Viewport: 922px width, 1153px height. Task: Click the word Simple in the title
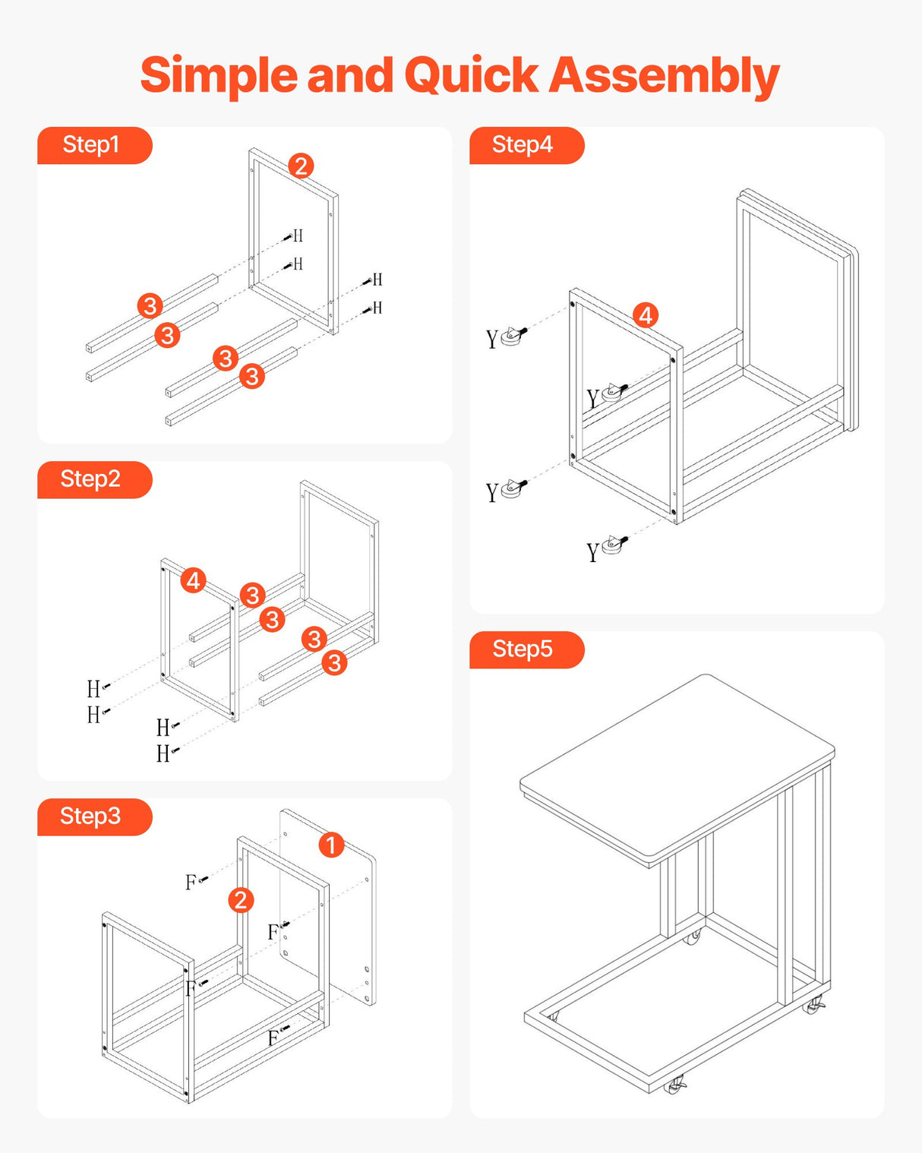click(219, 76)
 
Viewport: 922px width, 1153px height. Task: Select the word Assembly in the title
click(664, 76)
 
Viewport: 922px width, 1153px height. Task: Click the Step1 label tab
click(93, 145)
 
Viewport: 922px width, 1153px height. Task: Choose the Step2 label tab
click(93, 479)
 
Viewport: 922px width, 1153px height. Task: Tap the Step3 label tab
click(93, 817)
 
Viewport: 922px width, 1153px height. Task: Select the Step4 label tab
click(525, 145)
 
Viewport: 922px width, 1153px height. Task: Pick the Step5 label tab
click(525, 649)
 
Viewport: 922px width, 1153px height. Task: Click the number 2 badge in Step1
click(301, 166)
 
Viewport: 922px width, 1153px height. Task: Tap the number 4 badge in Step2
click(194, 581)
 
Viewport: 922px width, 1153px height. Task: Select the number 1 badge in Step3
click(331, 845)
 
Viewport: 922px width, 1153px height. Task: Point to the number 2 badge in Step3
click(241, 900)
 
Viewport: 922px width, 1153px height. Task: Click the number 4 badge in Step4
click(646, 315)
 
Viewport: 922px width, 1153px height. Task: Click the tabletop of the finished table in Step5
click(676, 767)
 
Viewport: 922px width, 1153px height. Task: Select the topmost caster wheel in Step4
click(514, 335)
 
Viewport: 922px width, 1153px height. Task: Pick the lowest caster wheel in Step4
click(614, 545)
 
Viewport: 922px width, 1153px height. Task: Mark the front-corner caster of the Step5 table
click(674, 1085)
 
